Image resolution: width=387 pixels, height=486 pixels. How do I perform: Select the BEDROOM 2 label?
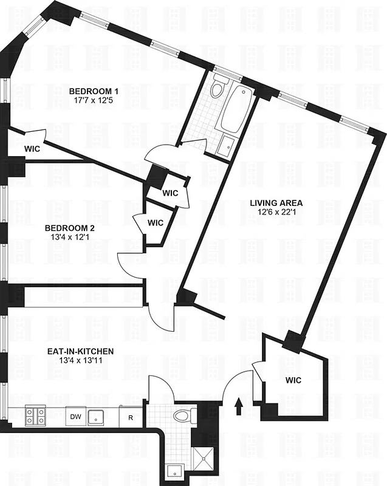70,228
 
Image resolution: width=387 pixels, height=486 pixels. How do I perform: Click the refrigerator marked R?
130,417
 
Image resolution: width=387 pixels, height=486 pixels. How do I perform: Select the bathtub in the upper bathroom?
235,109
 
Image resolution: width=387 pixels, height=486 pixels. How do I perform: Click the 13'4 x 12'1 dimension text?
70,239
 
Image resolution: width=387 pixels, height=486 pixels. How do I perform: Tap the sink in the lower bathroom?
176,471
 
